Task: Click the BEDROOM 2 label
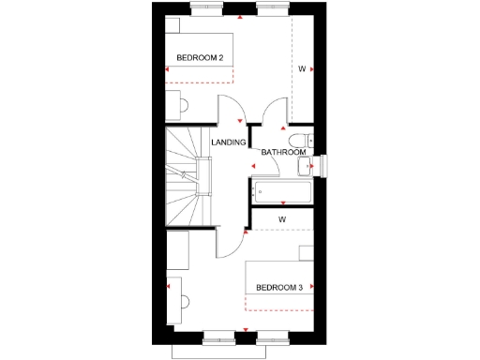[x=200, y=58]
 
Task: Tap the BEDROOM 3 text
[x=278, y=287]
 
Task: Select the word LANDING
[x=229, y=142]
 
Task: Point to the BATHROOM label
[x=282, y=152]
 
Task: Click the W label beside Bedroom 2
[x=302, y=69]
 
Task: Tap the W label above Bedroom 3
[x=281, y=219]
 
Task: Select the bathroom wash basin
[x=306, y=168]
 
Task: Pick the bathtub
[x=281, y=193]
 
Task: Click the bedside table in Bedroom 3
[x=306, y=251]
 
